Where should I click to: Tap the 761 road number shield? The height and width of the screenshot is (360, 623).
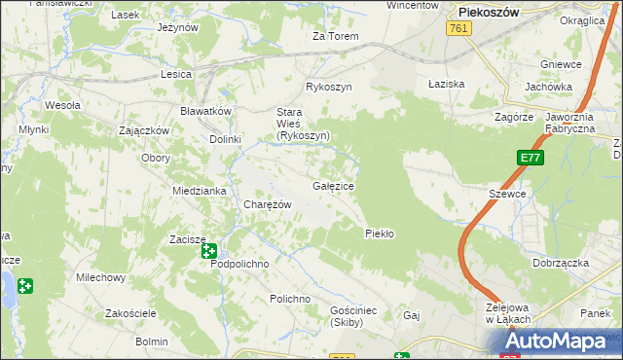(460, 30)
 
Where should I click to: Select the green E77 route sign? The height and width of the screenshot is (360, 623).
(530, 159)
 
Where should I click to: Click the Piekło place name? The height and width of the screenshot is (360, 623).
(379, 234)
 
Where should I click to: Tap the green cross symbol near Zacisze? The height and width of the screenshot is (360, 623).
(209, 251)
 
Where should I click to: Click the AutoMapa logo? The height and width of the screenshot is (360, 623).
(563, 342)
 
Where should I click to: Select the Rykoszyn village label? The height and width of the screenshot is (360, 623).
(327, 87)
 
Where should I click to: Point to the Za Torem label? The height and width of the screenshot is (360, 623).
(335, 37)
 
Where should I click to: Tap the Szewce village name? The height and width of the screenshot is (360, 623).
(507, 194)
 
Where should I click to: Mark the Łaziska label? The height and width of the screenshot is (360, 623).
(447, 84)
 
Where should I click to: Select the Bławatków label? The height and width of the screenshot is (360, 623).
(205, 111)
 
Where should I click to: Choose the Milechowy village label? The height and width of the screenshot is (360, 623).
(102, 278)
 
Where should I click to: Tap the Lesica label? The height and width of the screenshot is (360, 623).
(176, 74)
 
